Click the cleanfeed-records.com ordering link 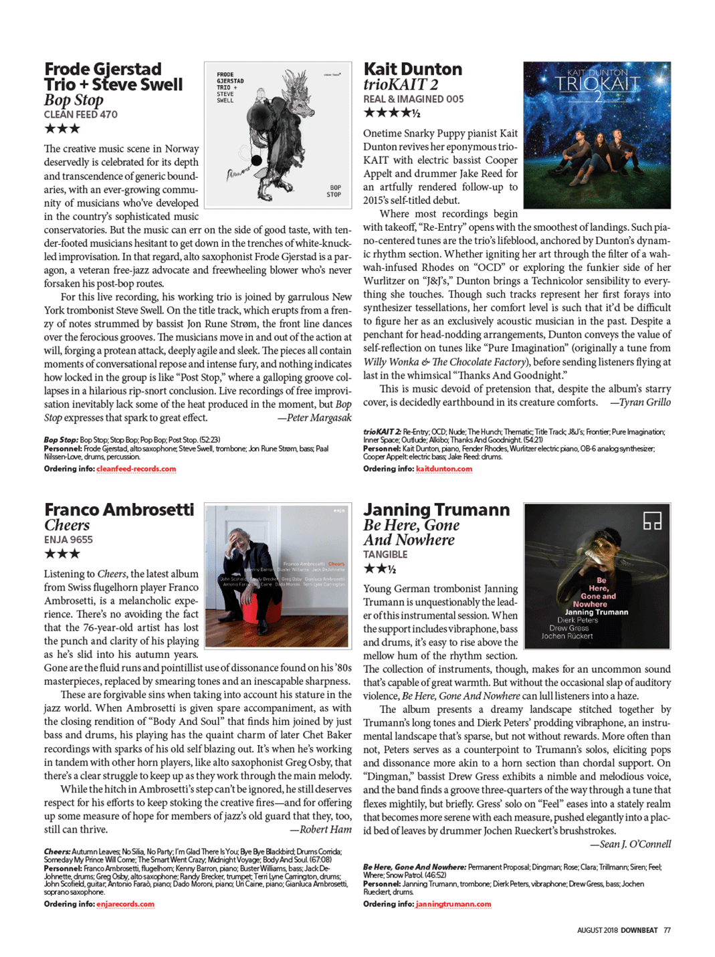(x=136, y=469)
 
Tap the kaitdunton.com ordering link (x=443, y=469)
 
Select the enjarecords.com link (x=125, y=904)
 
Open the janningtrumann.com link (x=453, y=904)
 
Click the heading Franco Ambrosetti (x=119, y=510)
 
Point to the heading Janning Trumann (x=436, y=510)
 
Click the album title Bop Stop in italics (x=74, y=100)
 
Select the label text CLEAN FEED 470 (x=80, y=114)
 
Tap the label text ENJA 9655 (x=68, y=540)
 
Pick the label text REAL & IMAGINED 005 (x=413, y=99)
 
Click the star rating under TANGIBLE (x=379, y=569)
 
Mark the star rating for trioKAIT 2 (x=391, y=113)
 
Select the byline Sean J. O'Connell (x=630, y=844)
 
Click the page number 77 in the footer (x=667, y=930)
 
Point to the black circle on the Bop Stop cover (x=256, y=161)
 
